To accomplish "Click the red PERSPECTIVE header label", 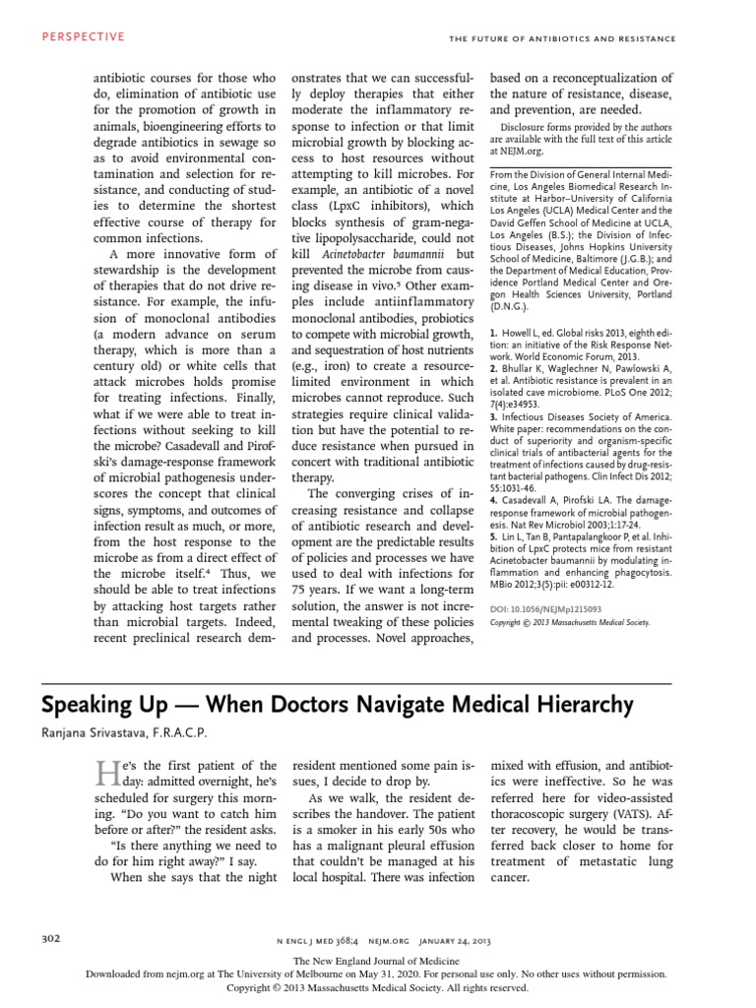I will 84,36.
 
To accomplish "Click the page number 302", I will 48,937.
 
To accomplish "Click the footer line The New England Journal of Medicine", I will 377,960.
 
